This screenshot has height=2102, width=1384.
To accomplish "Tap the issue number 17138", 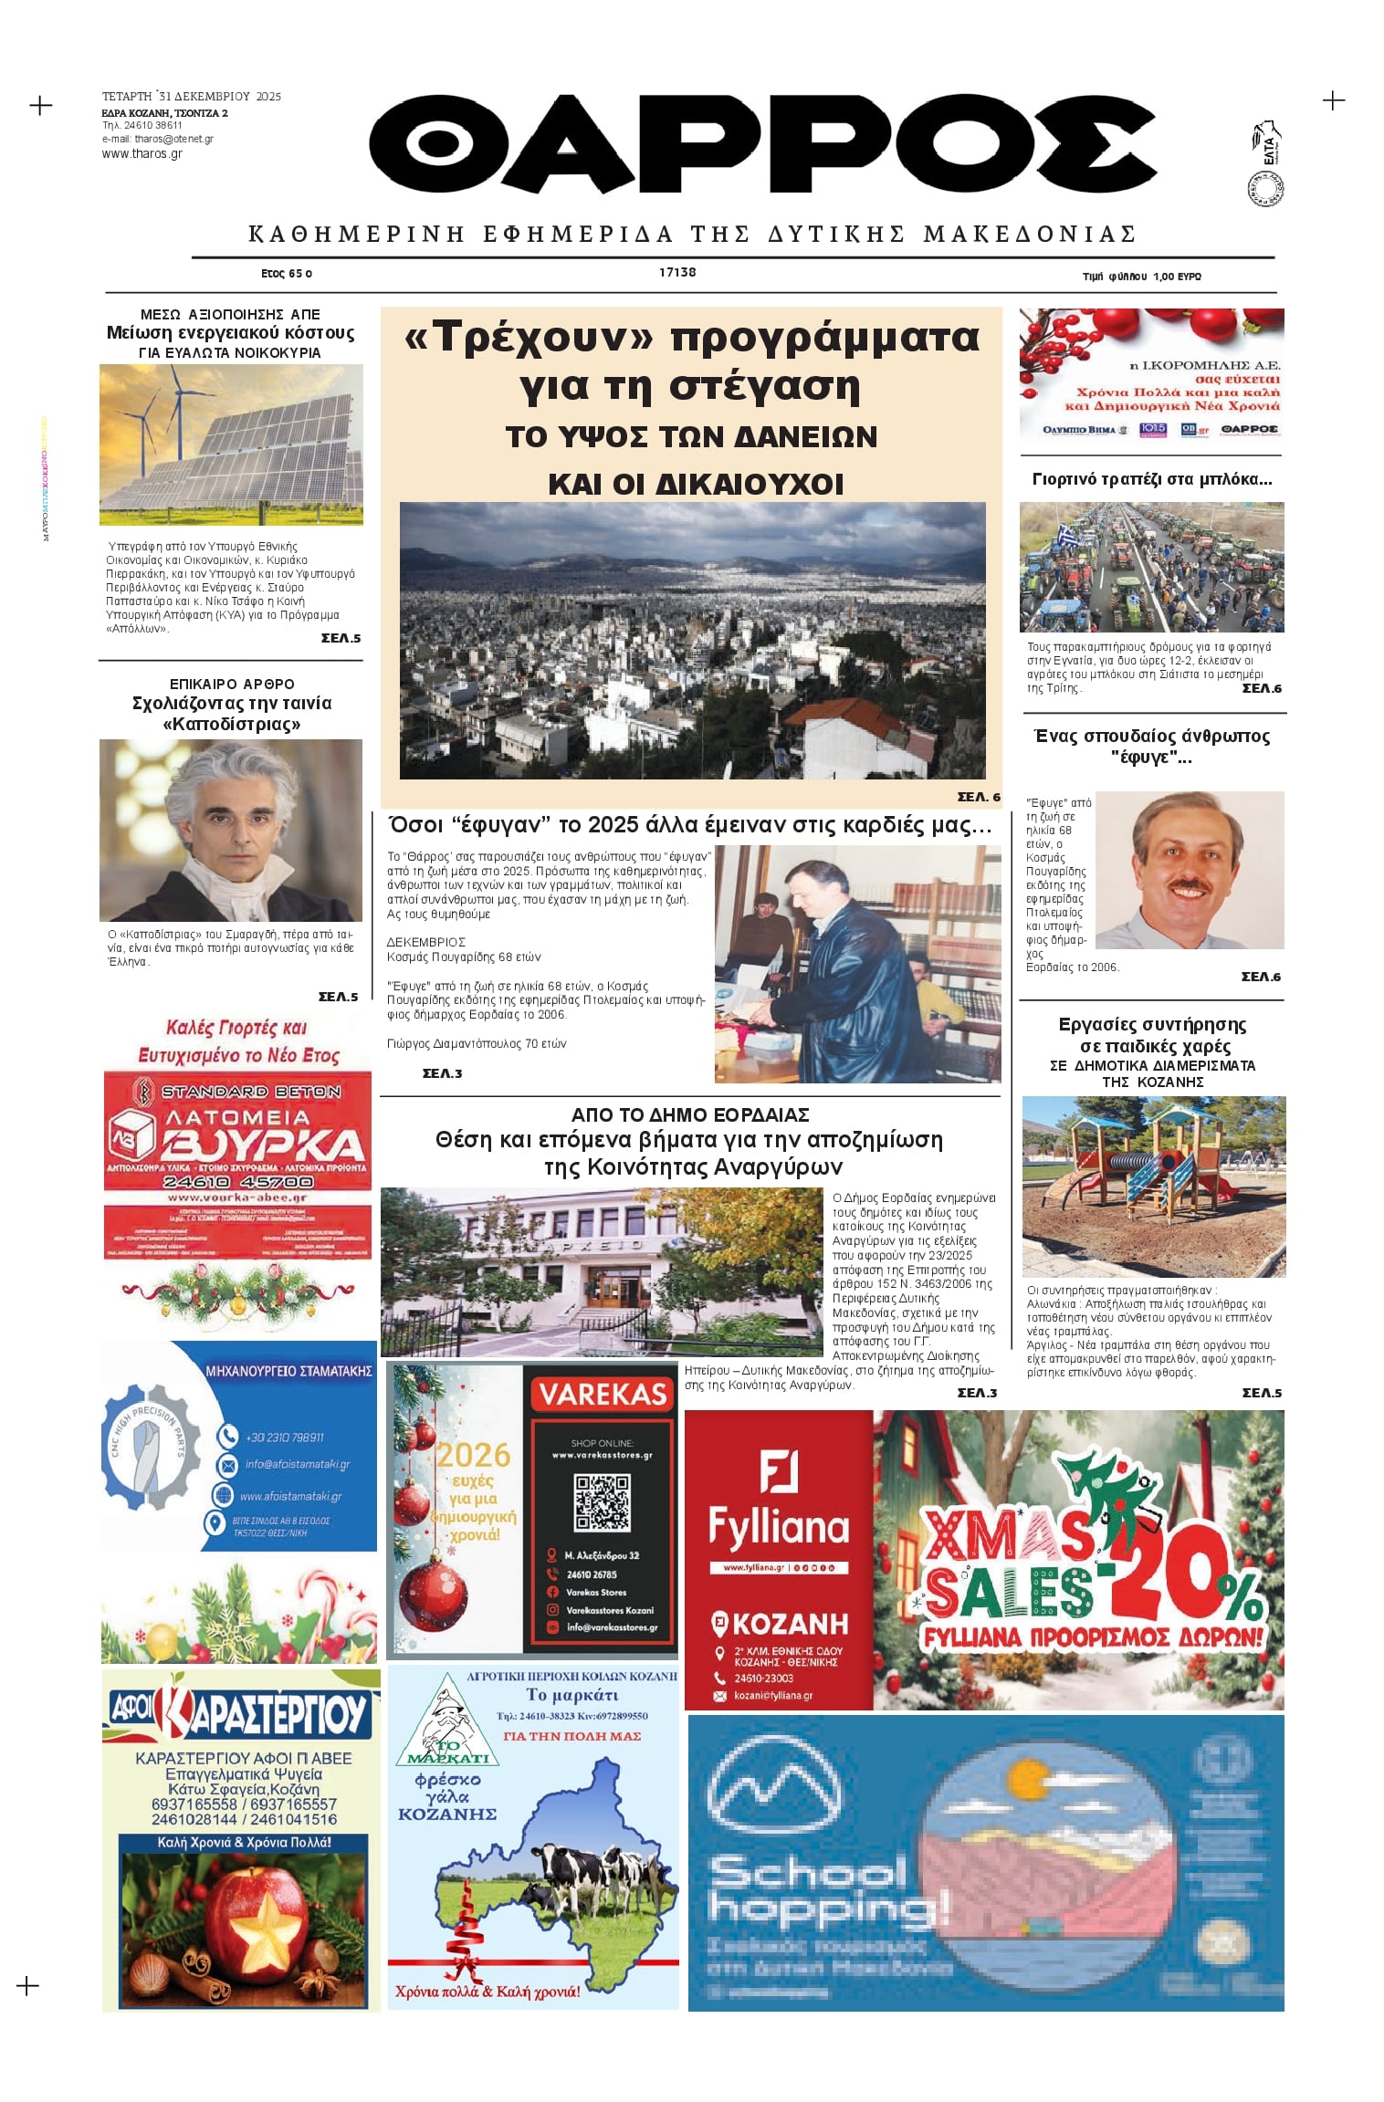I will click(677, 272).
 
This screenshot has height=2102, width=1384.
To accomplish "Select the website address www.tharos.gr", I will click(142, 154).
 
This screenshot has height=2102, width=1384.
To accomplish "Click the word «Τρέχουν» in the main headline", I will click(529, 337).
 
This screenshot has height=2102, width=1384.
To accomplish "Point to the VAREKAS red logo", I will click(603, 1395).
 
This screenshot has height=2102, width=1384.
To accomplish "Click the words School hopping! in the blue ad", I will click(826, 1889).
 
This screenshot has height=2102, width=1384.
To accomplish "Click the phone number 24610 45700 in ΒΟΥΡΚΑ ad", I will click(237, 1182).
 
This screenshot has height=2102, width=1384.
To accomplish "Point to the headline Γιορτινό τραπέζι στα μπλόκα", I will click(1151, 479).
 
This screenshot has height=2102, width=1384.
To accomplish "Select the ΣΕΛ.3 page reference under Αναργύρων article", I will click(977, 1393).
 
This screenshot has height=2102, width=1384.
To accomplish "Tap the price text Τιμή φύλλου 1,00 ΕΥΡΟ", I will click(1141, 276).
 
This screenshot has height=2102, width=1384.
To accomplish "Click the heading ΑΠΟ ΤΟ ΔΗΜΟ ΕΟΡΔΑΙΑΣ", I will click(689, 1114).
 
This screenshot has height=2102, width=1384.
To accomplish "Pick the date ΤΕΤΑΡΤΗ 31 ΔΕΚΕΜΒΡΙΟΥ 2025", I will click(192, 96).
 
